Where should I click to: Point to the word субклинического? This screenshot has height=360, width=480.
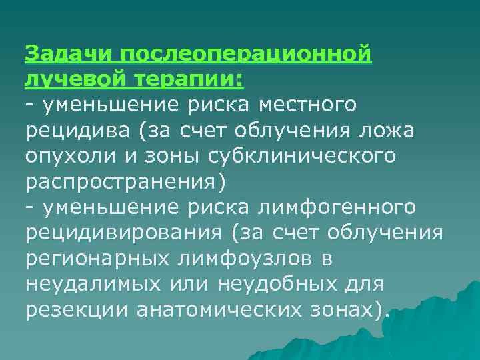(x=303, y=156)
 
